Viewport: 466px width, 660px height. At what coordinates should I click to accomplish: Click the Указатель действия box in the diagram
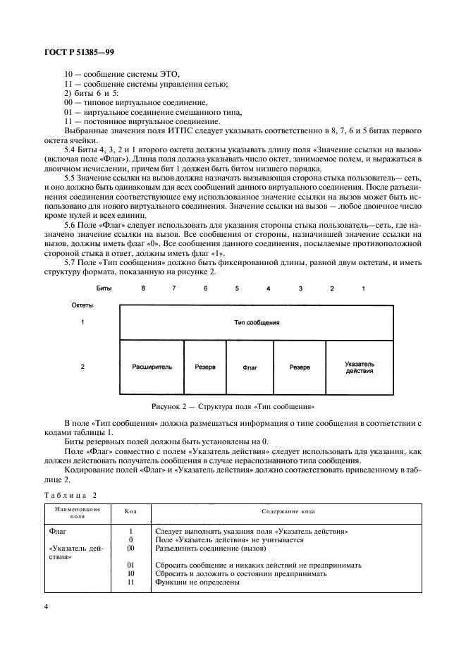click(360, 367)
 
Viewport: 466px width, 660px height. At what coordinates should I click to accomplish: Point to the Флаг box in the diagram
click(250, 367)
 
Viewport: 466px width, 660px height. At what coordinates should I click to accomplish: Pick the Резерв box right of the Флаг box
click(300, 367)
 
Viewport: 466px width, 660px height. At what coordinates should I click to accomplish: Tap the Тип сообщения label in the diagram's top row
click(257, 322)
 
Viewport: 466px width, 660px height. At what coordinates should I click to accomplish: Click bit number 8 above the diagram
click(143, 289)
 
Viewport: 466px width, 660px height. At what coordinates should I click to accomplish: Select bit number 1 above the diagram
click(364, 289)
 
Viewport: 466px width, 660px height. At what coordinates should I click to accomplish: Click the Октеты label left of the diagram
click(83, 305)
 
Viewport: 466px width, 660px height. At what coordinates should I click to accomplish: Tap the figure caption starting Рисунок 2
click(233, 407)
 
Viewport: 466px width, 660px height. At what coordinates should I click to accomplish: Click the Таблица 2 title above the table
click(69, 496)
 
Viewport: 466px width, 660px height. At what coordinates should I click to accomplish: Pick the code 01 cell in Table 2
click(130, 565)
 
